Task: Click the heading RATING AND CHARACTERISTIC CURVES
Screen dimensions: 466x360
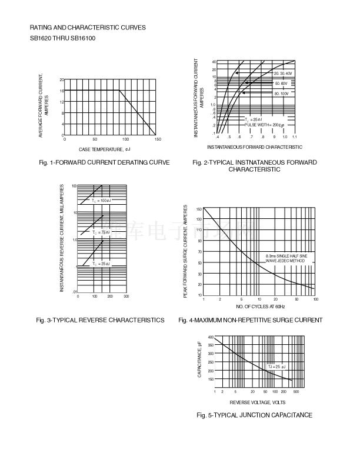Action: coord(88,28)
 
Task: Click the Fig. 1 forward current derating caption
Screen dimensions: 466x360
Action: coord(104,162)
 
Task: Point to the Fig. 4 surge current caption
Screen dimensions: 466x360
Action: coord(250,320)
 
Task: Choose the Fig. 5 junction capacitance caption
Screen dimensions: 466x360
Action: coord(254,415)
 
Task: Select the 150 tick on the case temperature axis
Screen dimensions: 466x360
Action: coord(157,140)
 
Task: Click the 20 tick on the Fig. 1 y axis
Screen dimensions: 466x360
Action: coord(62,79)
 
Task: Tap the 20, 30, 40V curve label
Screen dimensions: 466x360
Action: coord(283,73)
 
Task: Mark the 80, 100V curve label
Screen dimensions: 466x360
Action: coord(282,94)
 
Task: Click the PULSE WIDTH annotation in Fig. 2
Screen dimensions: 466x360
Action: coord(264,125)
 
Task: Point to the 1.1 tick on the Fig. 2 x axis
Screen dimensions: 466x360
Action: coord(294,137)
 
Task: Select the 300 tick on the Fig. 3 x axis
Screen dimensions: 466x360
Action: coord(126,296)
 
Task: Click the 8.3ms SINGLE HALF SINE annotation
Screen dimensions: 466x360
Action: coord(286,257)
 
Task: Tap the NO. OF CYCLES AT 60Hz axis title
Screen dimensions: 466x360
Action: coord(260,307)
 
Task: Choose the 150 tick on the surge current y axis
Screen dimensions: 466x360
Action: coord(199,209)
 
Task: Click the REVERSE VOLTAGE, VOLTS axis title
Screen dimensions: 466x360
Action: coord(257,402)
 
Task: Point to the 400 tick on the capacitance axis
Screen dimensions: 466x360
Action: coord(211,338)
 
